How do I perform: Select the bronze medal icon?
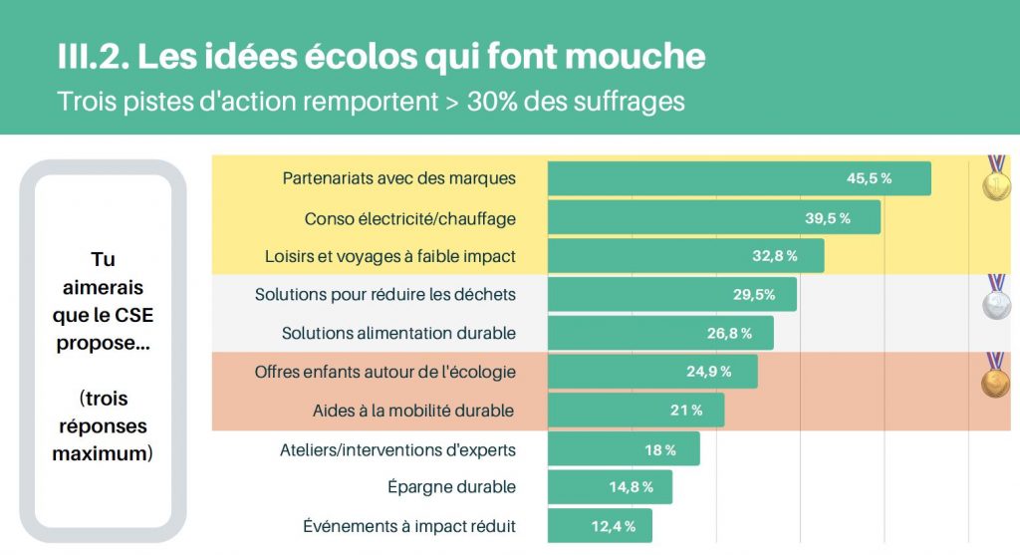tap(995, 380)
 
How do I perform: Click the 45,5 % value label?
tap(869, 179)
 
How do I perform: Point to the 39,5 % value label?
tap(828, 218)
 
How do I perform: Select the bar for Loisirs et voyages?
tap(685, 256)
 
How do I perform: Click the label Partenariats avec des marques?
tap(399, 179)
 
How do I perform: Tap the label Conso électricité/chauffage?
tap(410, 218)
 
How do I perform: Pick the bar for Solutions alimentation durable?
tap(660, 333)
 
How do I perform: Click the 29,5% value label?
tap(754, 295)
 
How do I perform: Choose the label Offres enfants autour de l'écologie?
tap(385, 372)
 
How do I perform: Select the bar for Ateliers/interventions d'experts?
tap(624, 449)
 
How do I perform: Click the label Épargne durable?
tap(451, 487)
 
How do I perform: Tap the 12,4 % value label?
tap(614, 526)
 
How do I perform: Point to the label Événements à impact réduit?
tap(409, 526)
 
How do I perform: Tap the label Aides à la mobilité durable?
tap(413, 411)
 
